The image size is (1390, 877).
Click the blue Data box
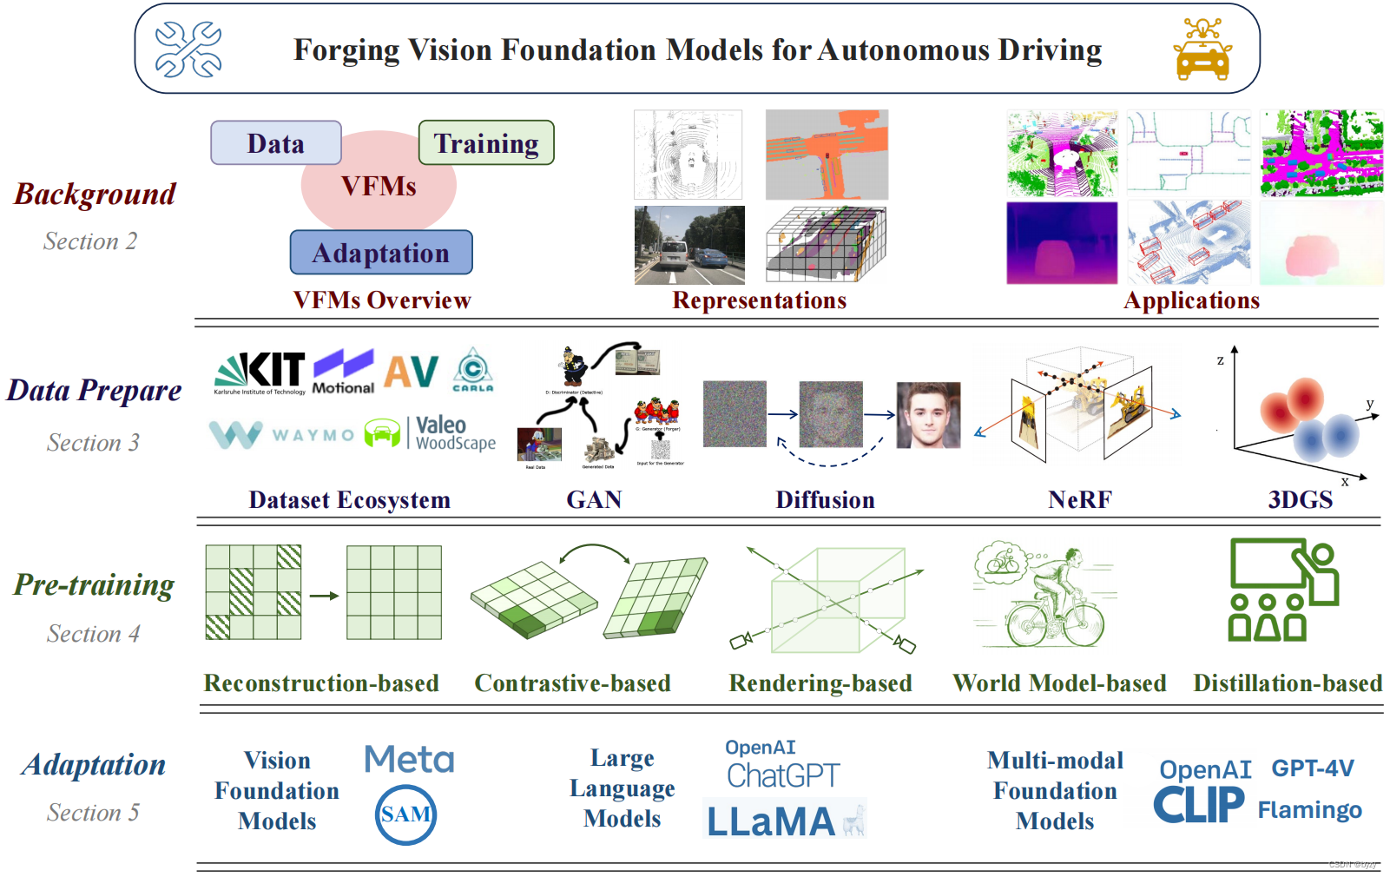tap(276, 143)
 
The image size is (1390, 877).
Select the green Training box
tap(486, 143)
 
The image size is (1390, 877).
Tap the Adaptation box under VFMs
tap(381, 253)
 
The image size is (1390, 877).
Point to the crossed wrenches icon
tap(188, 49)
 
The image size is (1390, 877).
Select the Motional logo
tap(344, 372)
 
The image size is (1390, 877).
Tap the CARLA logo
tap(473, 370)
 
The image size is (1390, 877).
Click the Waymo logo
tap(282, 433)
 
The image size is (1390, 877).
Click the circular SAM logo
tap(405, 814)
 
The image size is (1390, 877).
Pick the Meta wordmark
tap(409, 760)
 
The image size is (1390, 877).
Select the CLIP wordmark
tap(1198, 805)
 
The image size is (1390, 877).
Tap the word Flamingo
tap(1309, 810)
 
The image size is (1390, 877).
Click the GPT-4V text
tap(1313, 768)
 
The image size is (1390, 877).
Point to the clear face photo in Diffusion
tap(928, 415)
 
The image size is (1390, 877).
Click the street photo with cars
tap(689, 245)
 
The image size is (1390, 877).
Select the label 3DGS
tap(1300, 500)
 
